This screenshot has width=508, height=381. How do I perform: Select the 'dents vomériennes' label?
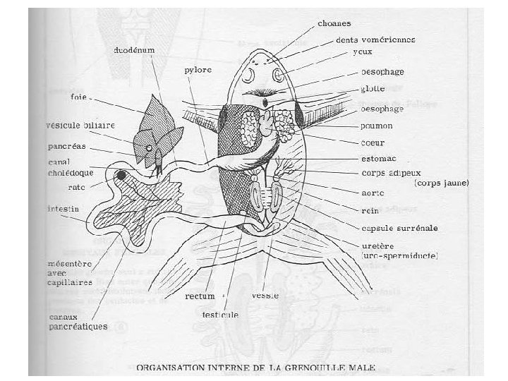tap(375, 40)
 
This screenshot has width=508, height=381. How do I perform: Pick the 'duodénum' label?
tap(135, 52)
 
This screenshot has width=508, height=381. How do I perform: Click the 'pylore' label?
tap(198, 70)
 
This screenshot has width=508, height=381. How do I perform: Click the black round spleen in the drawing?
tap(122, 175)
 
